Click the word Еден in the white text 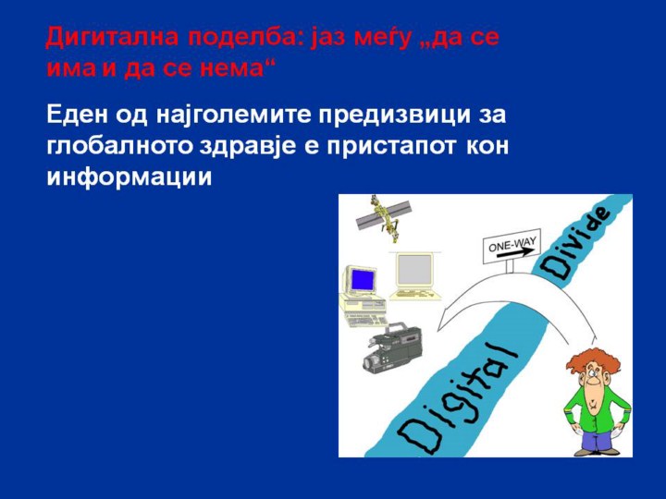coord(77,115)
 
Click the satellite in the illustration coord(384,218)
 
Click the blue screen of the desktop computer coord(364,280)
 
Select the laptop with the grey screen coord(414,275)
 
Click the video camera coord(392,347)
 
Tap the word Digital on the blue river coord(458,397)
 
